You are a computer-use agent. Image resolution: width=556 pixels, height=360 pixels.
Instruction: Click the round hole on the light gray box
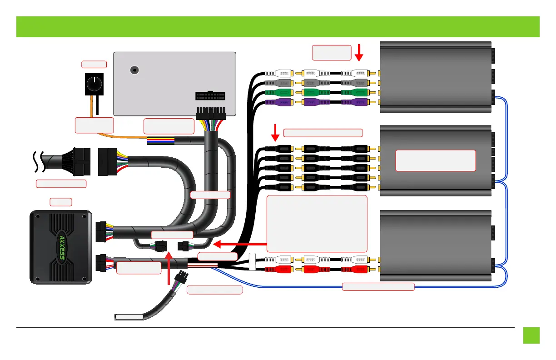pos(134,70)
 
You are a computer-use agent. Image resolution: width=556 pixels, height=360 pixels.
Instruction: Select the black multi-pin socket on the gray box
pos(210,97)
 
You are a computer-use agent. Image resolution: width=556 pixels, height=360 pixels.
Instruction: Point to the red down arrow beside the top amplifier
pos(359,52)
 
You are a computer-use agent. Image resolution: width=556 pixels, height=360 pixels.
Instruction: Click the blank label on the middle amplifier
pos(435,160)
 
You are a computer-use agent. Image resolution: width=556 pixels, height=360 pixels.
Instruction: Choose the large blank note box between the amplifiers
pos(317,223)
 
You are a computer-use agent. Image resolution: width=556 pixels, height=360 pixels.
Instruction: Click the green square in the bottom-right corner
pos(531,335)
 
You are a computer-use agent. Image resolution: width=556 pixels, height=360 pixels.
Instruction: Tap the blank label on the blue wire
pos(378,286)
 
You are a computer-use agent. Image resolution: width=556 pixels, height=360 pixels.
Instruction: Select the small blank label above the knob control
pos(94,64)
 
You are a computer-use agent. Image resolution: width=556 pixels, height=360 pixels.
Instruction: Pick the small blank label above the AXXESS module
pos(60,201)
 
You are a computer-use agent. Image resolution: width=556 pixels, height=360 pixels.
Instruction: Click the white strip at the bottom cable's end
pos(129,317)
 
